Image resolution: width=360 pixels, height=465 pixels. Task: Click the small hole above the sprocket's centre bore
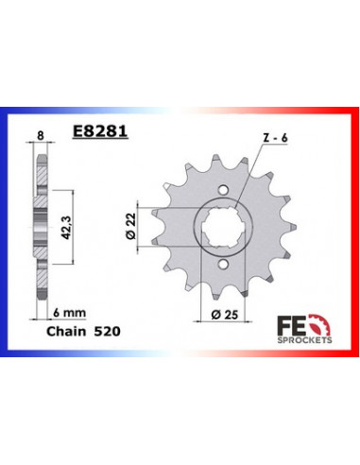(223, 184)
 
